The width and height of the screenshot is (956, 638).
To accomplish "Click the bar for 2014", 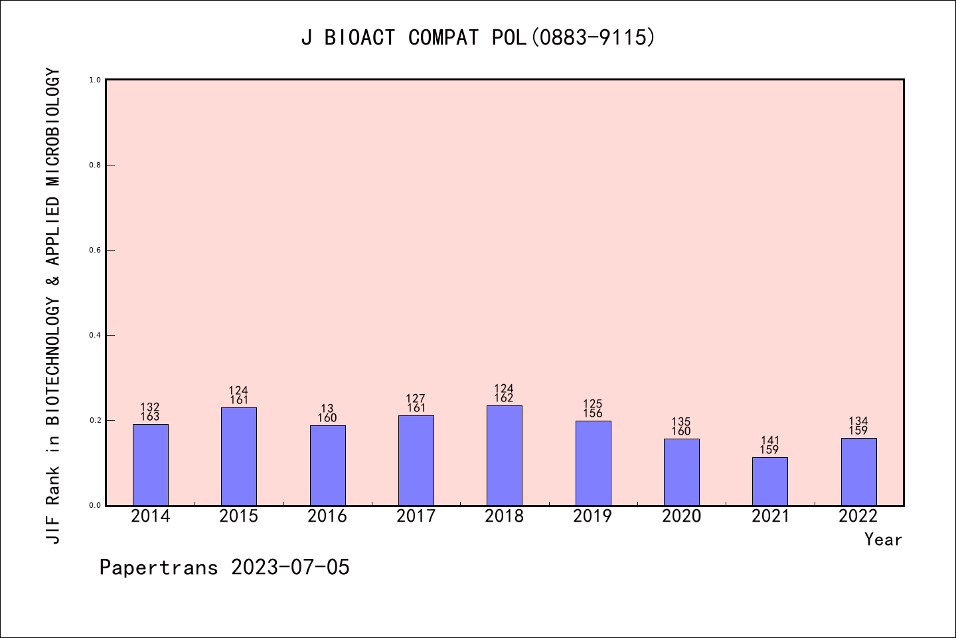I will tap(151, 465).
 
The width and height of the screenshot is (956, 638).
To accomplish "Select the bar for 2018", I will tap(505, 455).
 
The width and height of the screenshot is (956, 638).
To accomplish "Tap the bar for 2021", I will tap(770, 481).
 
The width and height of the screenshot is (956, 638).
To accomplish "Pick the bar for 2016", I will tap(327, 465).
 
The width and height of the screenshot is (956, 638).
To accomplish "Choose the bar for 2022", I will tap(858, 472).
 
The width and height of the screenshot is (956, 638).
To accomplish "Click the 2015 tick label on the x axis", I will tap(239, 516).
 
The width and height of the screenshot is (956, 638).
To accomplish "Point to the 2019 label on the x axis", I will tap(593, 516).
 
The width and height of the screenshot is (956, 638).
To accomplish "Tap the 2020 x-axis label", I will tap(681, 516).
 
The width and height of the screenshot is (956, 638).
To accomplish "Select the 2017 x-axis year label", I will tap(416, 516).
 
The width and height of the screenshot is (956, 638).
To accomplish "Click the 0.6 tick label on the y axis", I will tap(95, 250).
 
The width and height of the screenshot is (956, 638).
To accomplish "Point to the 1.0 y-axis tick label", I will tap(95, 80).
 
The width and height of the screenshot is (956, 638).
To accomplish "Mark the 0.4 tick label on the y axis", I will tap(95, 335).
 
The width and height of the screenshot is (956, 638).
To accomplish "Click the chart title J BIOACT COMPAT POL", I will tap(478, 38).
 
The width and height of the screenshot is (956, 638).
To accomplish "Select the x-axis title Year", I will tap(883, 540).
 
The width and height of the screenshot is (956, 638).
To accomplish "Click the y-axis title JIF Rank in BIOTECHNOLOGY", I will tap(54, 306).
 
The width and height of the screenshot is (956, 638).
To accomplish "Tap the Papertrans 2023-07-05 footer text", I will tap(224, 568).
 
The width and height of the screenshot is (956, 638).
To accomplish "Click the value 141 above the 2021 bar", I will tap(770, 441).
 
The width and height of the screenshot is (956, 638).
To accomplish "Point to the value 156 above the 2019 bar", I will tap(593, 413).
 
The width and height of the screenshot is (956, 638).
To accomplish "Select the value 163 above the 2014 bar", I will tap(151, 417).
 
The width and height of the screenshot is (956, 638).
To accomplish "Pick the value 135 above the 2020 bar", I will tap(681, 422).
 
